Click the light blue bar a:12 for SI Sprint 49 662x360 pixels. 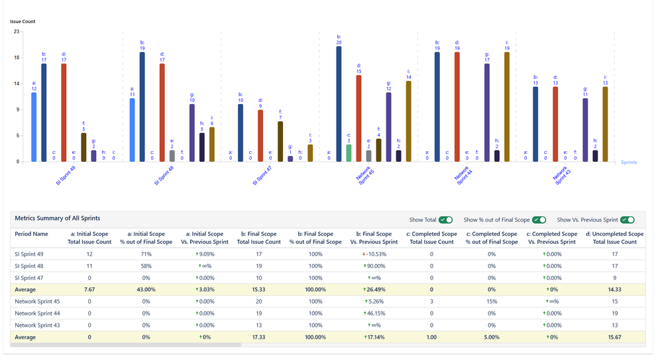[34, 127]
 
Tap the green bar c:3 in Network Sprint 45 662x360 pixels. [349, 153]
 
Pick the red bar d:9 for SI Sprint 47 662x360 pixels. [260, 136]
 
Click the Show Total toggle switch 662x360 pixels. [445, 220]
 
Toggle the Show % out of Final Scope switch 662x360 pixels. [539, 220]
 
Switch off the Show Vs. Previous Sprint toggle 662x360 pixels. [627, 220]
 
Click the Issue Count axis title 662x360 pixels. [23, 22]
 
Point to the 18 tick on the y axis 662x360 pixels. [17, 58]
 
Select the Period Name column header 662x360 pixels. [31, 234]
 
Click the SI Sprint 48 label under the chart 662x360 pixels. [164, 176]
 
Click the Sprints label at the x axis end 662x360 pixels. [628, 162]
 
